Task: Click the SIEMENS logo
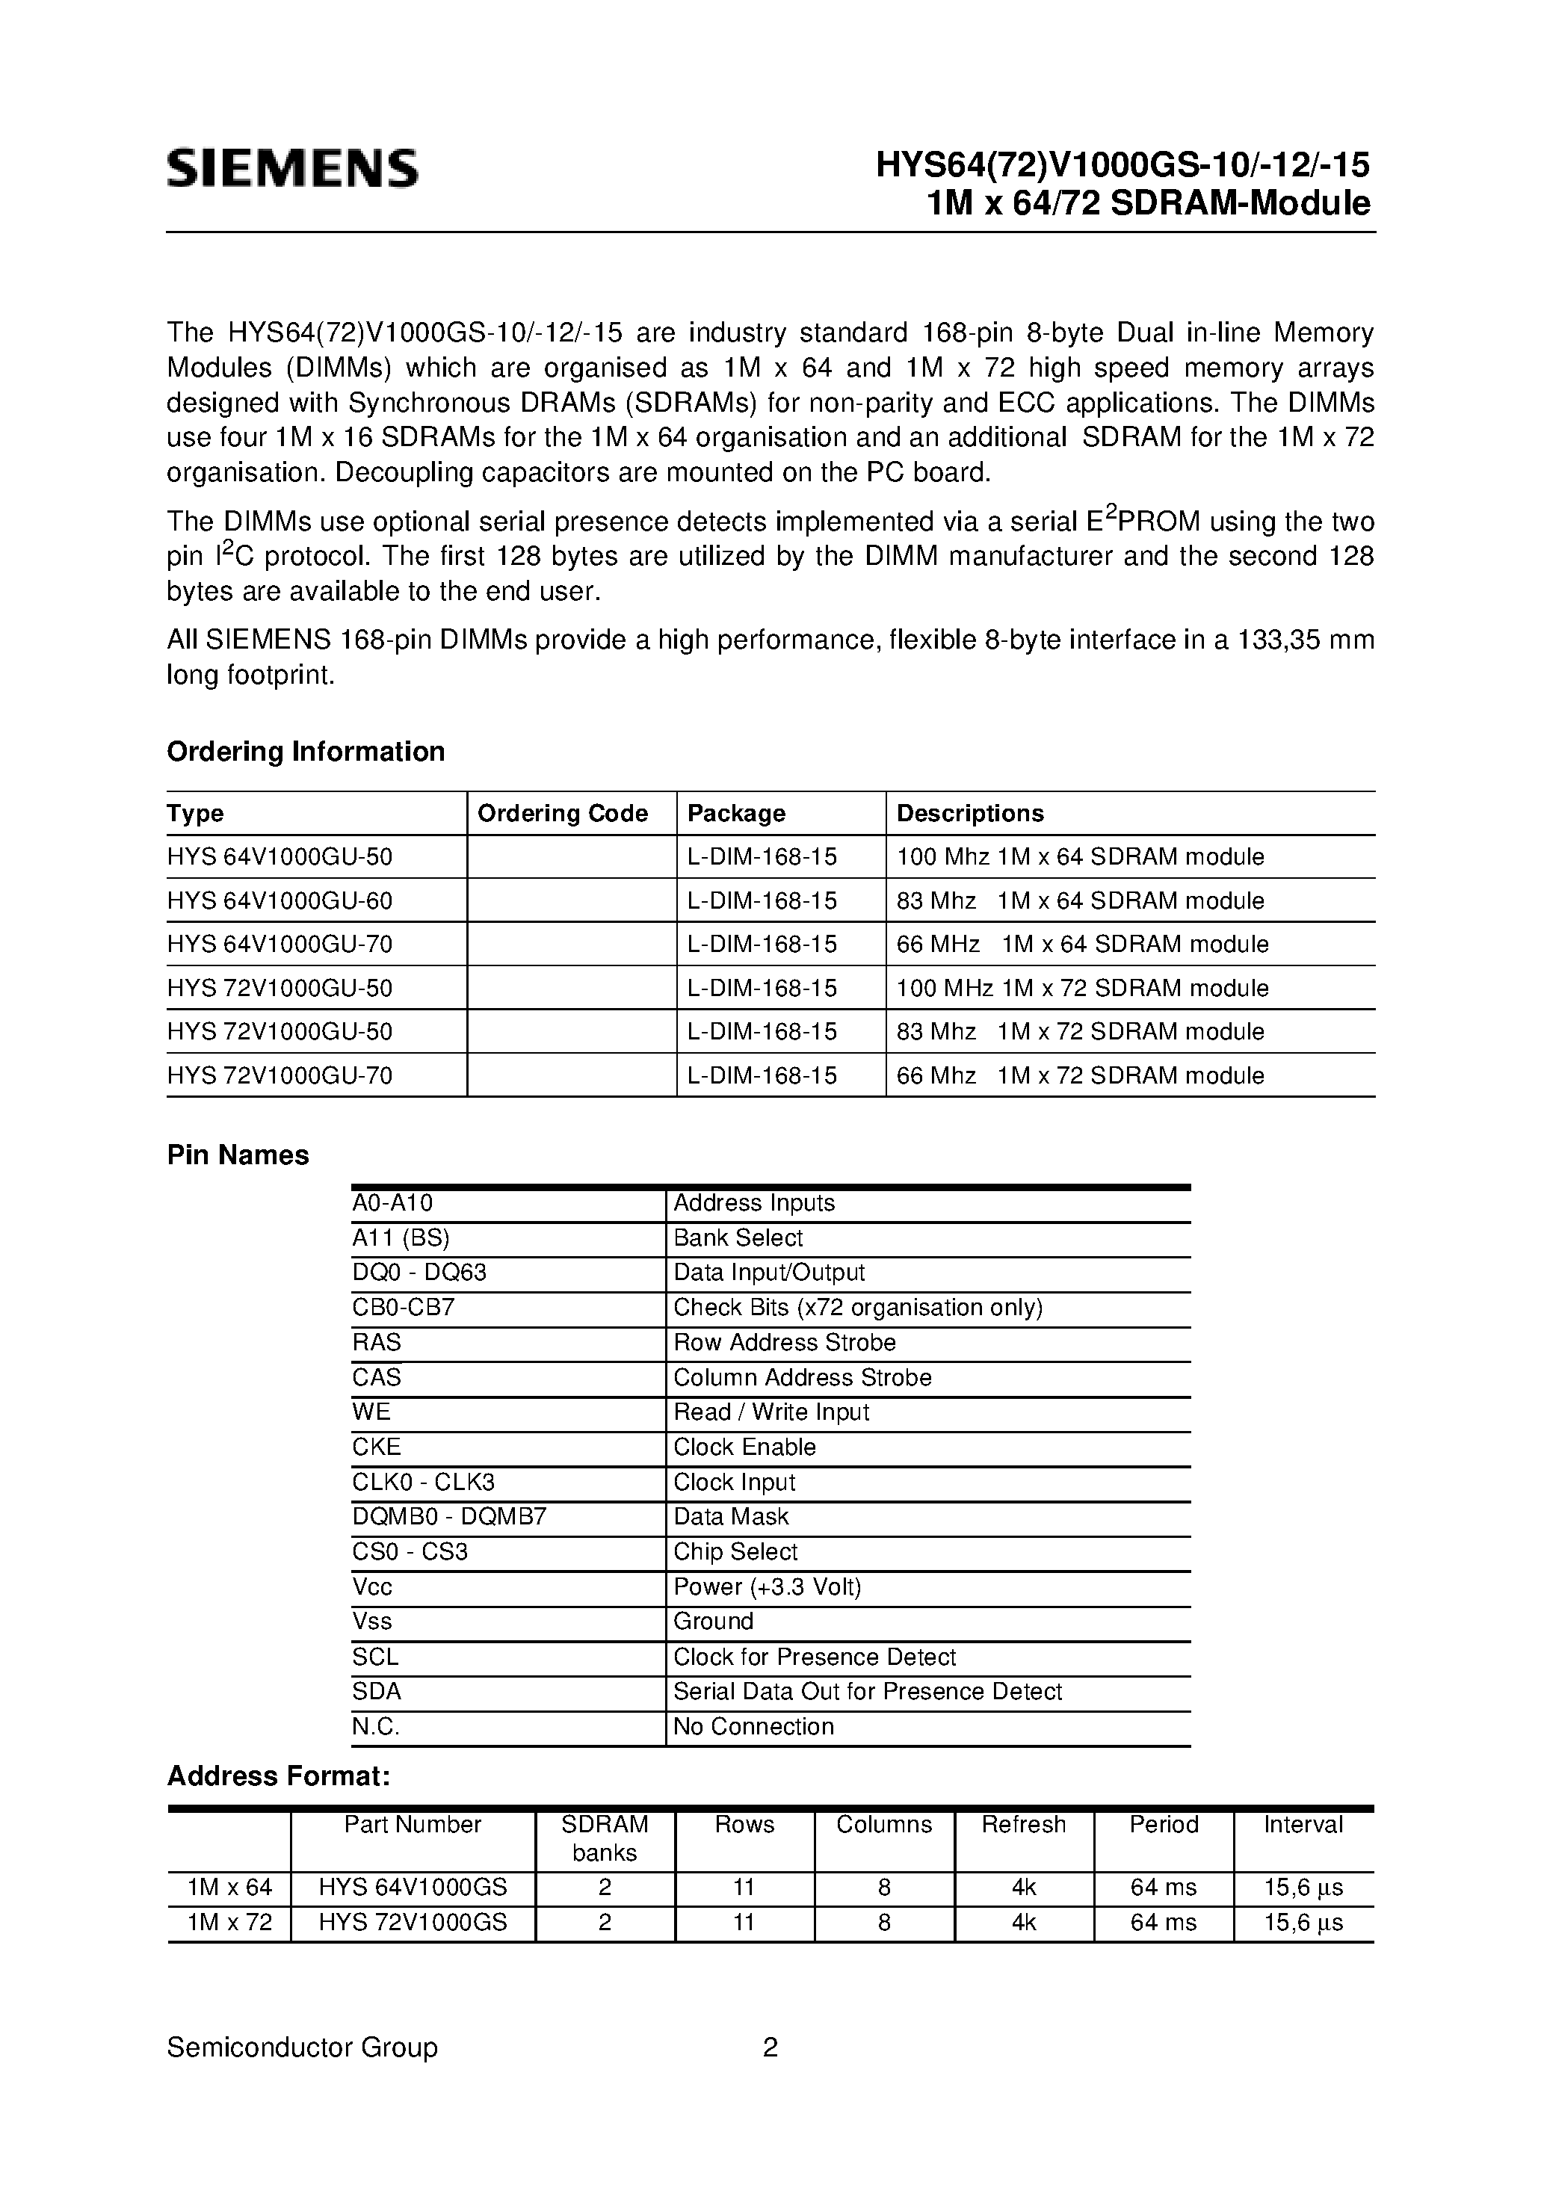point(292,168)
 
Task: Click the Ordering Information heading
point(306,752)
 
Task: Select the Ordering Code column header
point(562,814)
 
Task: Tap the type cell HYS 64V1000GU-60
point(280,900)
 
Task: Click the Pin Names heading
point(238,1155)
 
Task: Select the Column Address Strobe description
point(801,1377)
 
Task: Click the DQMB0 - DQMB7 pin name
point(449,1517)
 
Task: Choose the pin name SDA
point(377,1691)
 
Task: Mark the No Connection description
point(753,1726)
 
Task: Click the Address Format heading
point(279,1777)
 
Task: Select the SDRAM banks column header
point(605,1838)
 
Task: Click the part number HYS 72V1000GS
point(413,1923)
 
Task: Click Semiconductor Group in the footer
point(302,2047)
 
